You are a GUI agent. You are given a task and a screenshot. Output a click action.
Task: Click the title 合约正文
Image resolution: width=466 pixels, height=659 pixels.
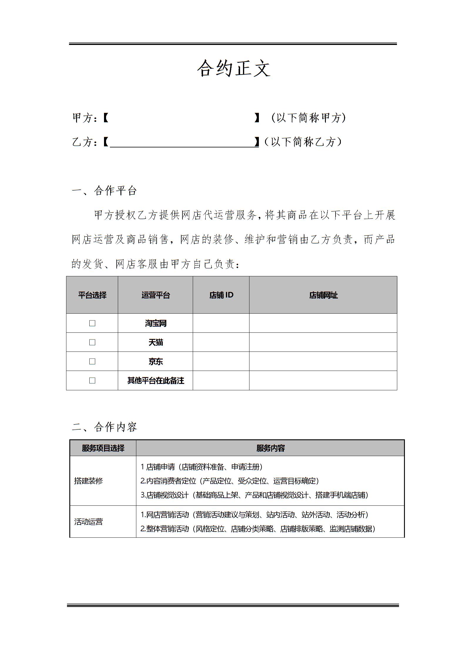tap(234, 68)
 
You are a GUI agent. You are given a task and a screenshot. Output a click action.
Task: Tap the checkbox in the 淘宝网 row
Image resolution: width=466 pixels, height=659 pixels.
tap(92, 323)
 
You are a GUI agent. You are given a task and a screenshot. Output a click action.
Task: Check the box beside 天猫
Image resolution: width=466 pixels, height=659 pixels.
tap(92, 342)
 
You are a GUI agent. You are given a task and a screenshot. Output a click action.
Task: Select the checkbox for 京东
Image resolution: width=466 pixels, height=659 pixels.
tap(92, 362)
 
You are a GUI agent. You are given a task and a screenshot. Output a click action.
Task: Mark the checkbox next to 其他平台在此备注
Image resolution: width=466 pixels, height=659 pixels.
tap(92, 381)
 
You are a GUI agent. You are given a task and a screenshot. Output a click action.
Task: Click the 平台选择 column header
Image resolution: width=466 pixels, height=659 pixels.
tap(92, 295)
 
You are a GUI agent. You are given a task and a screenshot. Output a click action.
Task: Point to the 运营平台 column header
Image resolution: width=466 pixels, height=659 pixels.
tap(155, 295)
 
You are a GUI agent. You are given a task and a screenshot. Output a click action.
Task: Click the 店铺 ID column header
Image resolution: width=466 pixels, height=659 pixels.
tap(221, 295)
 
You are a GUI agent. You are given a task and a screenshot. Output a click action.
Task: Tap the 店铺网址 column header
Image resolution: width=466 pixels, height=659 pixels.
tap(323, 295)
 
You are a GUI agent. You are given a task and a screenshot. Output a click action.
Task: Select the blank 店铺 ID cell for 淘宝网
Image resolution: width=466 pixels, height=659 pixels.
tap(221, 323)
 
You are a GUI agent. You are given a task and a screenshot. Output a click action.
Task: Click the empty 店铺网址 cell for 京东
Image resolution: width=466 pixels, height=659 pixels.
tap(323, 362)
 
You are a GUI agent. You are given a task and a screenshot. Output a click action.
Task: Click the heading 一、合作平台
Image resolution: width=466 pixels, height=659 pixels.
tap(104, 191)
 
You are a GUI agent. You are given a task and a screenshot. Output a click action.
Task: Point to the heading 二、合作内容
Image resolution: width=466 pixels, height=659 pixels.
tap(104, 427)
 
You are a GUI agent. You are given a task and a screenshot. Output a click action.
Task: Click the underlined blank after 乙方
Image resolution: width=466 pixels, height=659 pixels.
tap(184, 142)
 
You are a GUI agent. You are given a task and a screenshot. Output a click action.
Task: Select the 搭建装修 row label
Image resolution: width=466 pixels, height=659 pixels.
tap(88, 481)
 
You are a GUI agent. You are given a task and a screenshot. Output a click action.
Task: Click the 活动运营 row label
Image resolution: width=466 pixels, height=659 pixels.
tap(88, 522)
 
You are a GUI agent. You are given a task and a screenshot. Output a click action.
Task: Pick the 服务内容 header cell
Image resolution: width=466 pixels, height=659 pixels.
tap(270, 448)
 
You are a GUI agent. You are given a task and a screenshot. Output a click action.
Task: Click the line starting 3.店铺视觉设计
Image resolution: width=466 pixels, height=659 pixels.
tap(254, 495)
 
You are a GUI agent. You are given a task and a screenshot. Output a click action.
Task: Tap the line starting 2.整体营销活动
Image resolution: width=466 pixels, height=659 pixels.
tap(258, 529)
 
